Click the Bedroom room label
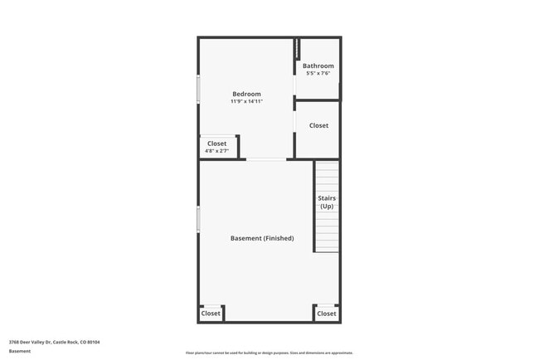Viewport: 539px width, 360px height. [246, 94]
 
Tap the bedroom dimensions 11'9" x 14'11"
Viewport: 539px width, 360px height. [246, 101]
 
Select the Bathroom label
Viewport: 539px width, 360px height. [318, 66]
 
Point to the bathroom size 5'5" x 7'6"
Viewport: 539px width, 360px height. [318, 73]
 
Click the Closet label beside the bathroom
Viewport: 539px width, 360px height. [318, 125]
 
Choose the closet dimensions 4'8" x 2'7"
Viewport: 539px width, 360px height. [216, 151]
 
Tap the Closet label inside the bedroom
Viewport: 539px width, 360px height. [216, 144]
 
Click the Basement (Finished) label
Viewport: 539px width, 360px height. [261, 238]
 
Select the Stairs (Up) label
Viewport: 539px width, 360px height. [326, 202]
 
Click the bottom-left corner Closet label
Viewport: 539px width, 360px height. [211, 314]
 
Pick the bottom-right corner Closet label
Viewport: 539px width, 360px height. [327, 314]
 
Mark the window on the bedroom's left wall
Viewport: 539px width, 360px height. [198, 90]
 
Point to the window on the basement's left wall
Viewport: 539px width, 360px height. [198, 219]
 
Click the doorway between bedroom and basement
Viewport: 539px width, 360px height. [266, 159]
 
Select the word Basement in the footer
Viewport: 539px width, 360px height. [20, 351]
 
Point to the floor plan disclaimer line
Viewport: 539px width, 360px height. [269, 353]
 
